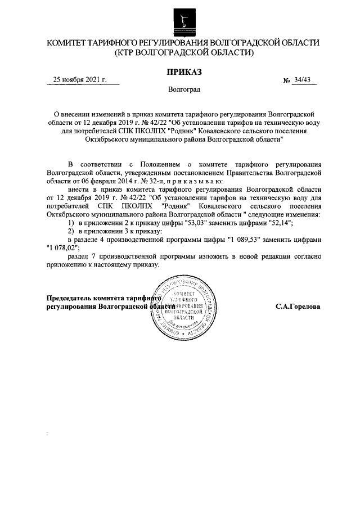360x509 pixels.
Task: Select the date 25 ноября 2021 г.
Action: pos(79,79)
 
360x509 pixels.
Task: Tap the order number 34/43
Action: pos(302,80)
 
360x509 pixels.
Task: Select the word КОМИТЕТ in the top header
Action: pos(71,43)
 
